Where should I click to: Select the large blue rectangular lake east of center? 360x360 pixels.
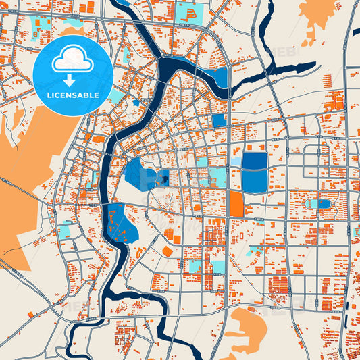click(254, 172)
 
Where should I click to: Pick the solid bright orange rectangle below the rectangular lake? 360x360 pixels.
click(236, 203)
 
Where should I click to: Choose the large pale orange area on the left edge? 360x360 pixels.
click(24, 182)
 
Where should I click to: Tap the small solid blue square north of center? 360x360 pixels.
click(218, 120)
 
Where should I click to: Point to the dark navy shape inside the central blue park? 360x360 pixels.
click(162, 178)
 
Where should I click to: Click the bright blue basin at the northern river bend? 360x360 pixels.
click(217, 77)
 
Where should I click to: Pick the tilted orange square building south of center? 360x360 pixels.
click(167, 251)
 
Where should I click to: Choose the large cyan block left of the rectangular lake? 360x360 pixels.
click(216, 177)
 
